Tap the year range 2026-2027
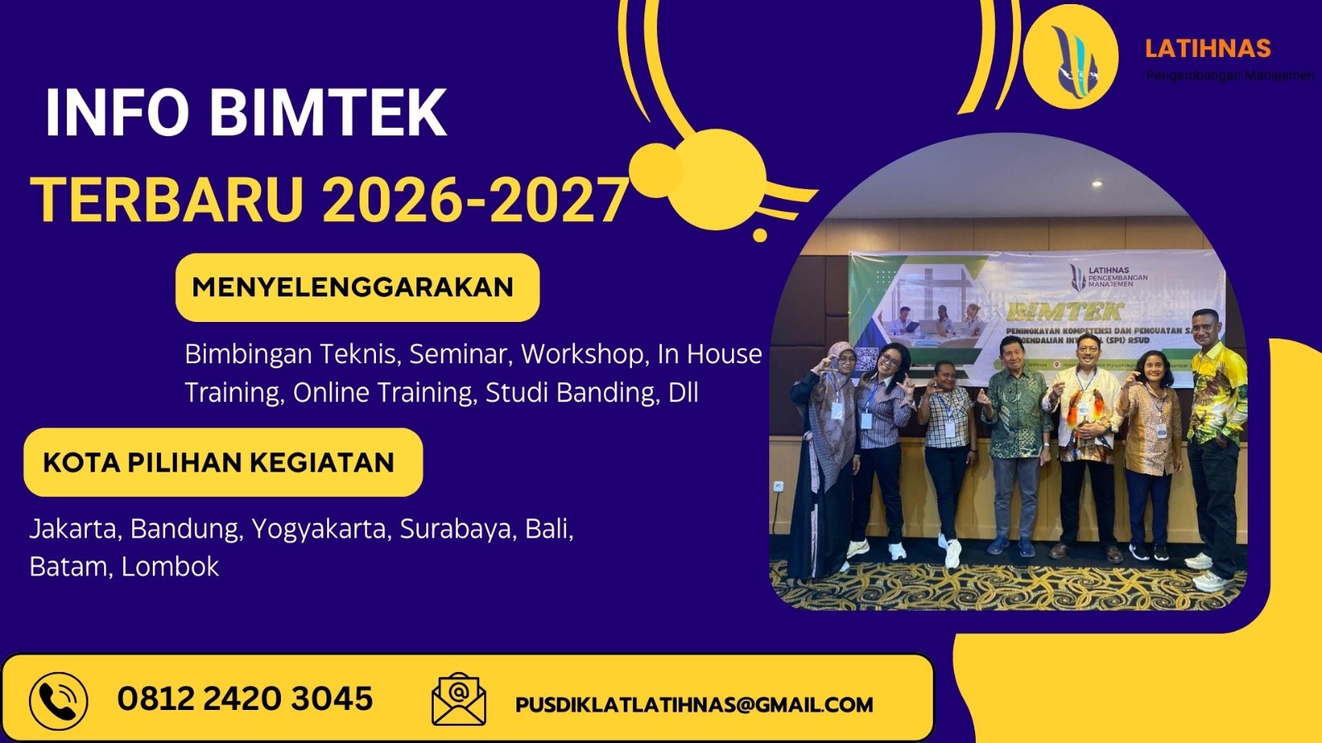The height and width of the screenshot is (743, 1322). (475, 201)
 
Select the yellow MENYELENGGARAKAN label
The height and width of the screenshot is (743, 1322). (357, 287)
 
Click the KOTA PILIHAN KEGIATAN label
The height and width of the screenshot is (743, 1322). (222, 462)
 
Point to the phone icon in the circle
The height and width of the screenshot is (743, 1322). (58, 701)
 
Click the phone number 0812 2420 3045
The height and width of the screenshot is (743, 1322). (245, 699)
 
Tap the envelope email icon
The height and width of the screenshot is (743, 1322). (459, 699)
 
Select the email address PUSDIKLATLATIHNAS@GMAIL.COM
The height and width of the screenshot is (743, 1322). (694, 705)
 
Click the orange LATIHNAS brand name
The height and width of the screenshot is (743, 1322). (1207, 49)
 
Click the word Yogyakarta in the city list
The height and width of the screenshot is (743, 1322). (319, 528)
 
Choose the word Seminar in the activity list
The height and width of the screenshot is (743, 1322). (459, 354)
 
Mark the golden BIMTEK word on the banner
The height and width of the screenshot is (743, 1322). (1064, 311)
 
